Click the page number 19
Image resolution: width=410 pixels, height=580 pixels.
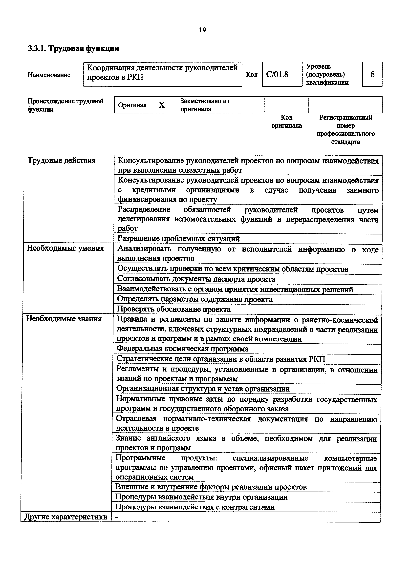[x=202, y=30]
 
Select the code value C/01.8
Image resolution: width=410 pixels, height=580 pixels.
[x=277, y=75]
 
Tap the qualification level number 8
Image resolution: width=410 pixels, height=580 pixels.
[x=372, y=75]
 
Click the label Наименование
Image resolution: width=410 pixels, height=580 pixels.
[x=49, y=75]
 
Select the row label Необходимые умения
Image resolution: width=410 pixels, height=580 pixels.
[x=65, y=249]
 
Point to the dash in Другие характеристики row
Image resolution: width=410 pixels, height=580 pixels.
[x=116, y=517]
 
